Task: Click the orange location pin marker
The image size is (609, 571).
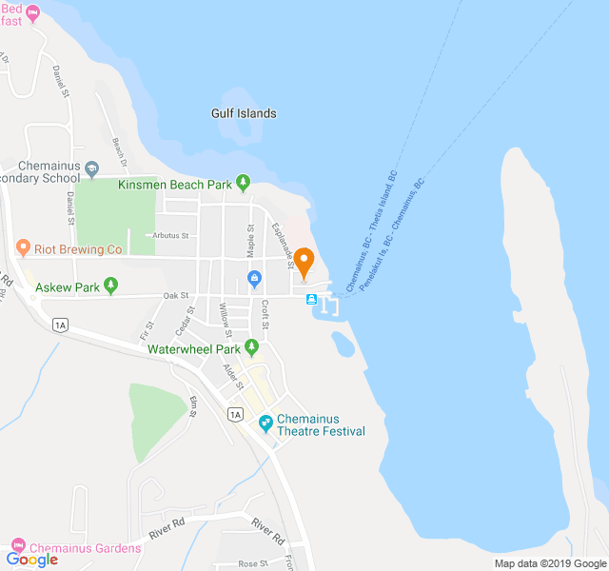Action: tap(304, 262)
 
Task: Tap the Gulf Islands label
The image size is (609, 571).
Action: tap(244, 113)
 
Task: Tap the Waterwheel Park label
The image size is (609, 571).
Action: tap(194, 349)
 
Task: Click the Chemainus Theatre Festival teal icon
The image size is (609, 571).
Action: tap(265, 420)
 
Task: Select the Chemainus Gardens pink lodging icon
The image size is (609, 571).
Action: tap(18, 547)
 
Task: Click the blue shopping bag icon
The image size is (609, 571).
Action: tap(254, 279)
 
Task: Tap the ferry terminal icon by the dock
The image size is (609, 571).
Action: tap(311, 299)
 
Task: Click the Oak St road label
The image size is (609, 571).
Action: tap(176, 297)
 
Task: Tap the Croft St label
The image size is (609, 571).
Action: tap(265, 315)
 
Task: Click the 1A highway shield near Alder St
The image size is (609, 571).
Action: tap(236, 414)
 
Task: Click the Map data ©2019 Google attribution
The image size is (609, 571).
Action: tap(550, 562)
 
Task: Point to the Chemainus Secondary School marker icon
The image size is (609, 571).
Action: tap(92, 169)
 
